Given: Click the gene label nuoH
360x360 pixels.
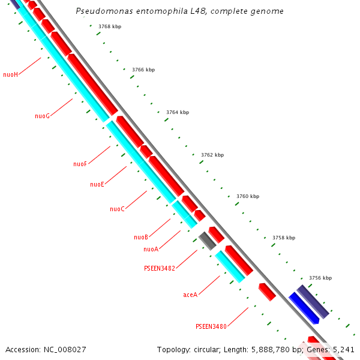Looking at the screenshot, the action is click(11, 74).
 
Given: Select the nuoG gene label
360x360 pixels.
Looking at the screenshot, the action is click(42, 116).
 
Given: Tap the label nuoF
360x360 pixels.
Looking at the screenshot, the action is click(80, 164).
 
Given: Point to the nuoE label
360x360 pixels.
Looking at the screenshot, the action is click(97, 184).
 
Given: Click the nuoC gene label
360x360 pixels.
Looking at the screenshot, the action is click(117, 209).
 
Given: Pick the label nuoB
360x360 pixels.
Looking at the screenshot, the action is click(141, 237).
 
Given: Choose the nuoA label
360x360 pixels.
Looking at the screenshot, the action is click(151, 249).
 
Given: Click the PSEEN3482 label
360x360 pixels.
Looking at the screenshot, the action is click(160, 268).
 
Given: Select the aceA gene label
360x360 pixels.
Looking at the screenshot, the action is click(190, 295).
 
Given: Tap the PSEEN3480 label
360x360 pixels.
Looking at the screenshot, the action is click(211, 326).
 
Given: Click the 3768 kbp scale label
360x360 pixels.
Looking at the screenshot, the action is click(109, 26).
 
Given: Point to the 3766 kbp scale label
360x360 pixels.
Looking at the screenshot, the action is click(143, 70).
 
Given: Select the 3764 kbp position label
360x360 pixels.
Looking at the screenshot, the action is click(178, 112).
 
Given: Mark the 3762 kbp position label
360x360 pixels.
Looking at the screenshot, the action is click(212, 155).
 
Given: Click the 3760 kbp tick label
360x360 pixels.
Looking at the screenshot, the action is click(248, 196).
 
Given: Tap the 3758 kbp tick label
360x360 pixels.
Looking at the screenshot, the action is click(284, 238).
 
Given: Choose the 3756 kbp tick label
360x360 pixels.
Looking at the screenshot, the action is click(320, 278).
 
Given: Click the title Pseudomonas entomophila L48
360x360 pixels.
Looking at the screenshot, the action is click(180, 11).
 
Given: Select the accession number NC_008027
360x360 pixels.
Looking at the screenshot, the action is click(46, 349).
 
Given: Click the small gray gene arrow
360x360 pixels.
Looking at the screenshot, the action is click(207, 240).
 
